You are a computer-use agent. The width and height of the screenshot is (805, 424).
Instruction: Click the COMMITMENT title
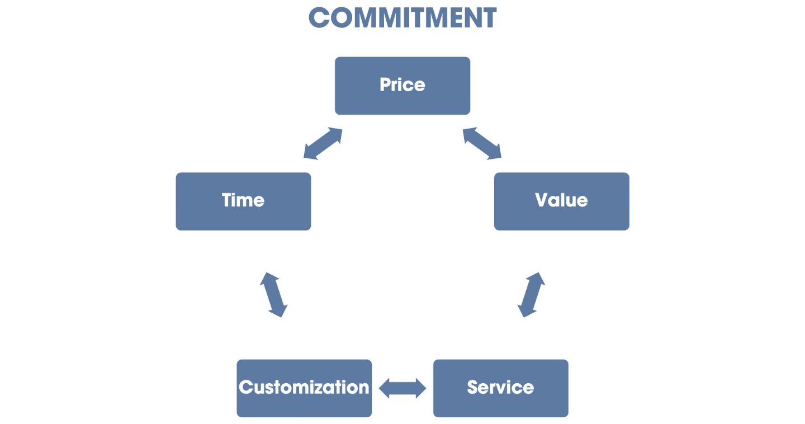(402, 18)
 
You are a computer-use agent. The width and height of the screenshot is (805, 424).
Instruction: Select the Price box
(402, 86)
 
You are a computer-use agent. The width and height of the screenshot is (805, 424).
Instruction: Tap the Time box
(243, 201)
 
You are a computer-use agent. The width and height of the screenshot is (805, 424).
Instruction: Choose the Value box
(562, 201)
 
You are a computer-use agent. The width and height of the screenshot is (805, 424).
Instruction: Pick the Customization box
(304, 388)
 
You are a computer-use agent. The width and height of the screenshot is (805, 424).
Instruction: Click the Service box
(501, 388)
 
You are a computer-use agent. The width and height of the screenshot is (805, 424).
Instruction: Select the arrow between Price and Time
(323, 144)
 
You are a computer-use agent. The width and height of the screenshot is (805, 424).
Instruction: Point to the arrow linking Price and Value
(482, 144)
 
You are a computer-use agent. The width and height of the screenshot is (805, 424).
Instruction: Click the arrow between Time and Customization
(273, 295)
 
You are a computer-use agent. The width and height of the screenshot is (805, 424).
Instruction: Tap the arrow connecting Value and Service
(531, 295)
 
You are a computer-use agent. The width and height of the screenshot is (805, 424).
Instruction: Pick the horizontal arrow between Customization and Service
(402, 388)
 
